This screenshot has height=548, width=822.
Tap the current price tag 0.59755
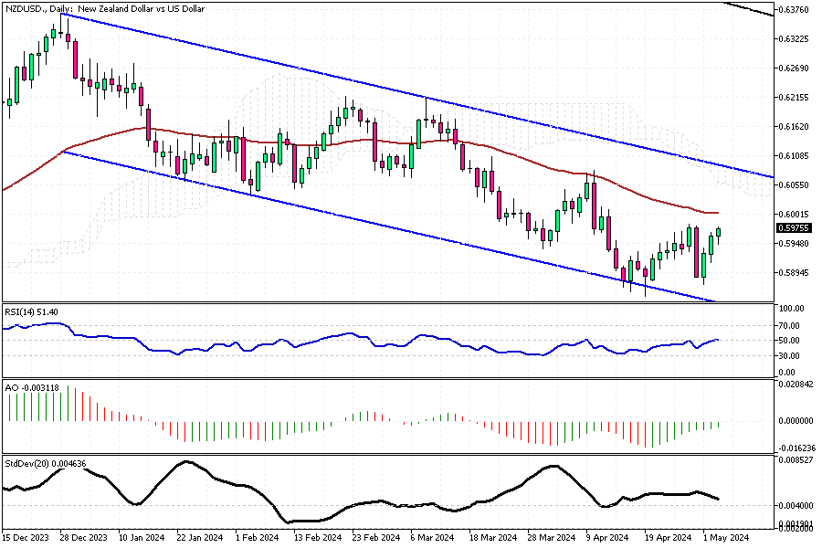coord(791,228)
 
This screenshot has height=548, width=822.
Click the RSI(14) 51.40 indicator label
coord(32,312)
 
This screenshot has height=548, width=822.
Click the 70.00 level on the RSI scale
coord(786,325)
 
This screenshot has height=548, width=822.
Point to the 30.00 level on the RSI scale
coord(786,356)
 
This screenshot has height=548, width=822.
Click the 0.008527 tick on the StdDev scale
coord(793,460)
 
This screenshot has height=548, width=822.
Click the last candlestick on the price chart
coord(719,233)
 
